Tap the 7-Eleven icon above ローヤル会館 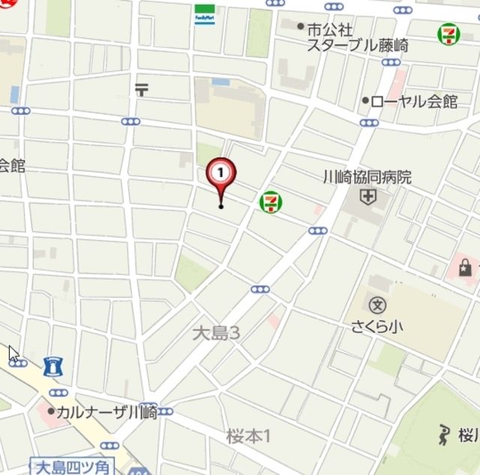tap(448, 33)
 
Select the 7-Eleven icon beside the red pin tap(269, 201)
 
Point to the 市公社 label tap(329, 29)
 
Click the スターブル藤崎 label tap(358, 46)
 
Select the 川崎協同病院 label tap(367, 178)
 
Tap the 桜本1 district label tap(247, 435)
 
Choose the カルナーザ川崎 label tap(106, 411)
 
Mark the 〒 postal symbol tap(142, 89)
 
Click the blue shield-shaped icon tap(53, 367)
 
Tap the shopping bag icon tap(466, 267)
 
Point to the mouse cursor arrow tap(13, 354)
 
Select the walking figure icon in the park tap(444, 434)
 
